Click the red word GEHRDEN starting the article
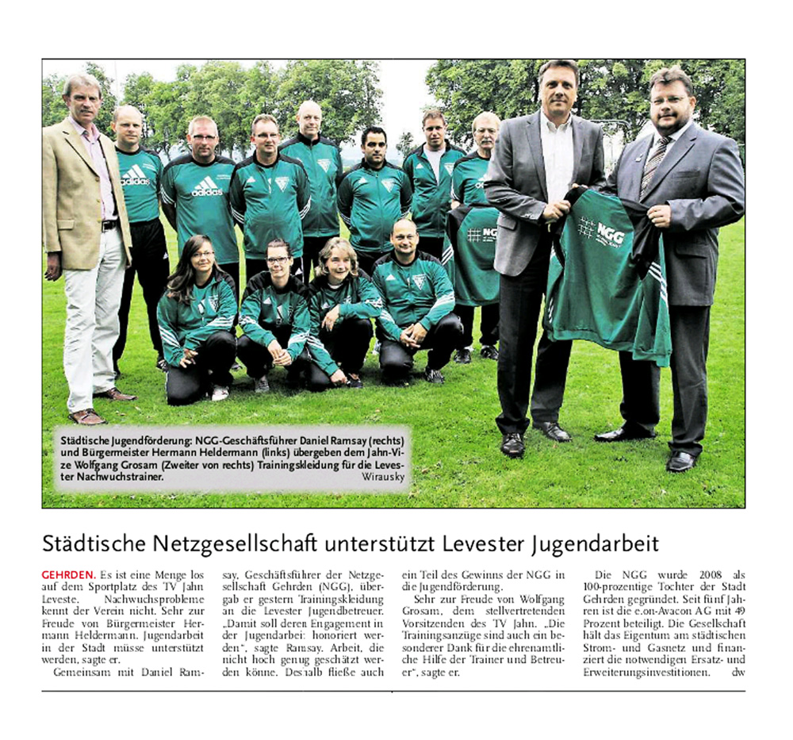pos(68,573)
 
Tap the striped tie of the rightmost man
pos(654,162)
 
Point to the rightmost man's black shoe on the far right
pos(681,461)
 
